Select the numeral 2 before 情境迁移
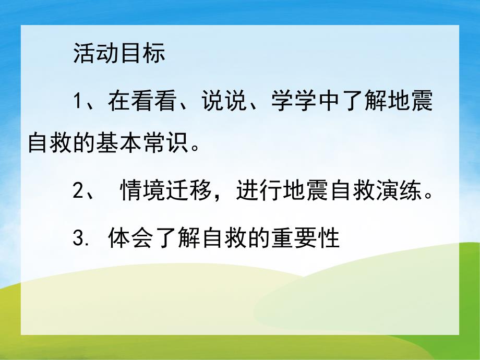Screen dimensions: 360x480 point(79,193)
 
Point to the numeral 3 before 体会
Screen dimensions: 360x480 point(79,239)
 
